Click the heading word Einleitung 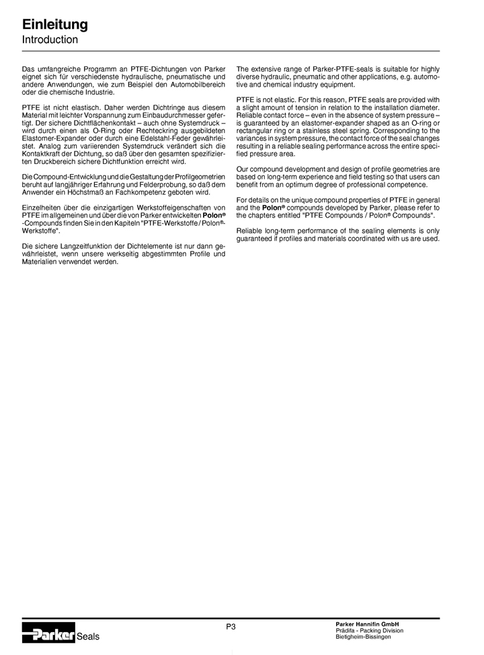tap(55, 25)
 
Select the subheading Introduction tap(50, 40)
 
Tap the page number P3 tap(231, 626)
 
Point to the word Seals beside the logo tap(88, 637)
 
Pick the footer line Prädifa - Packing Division tap(369, 630)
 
